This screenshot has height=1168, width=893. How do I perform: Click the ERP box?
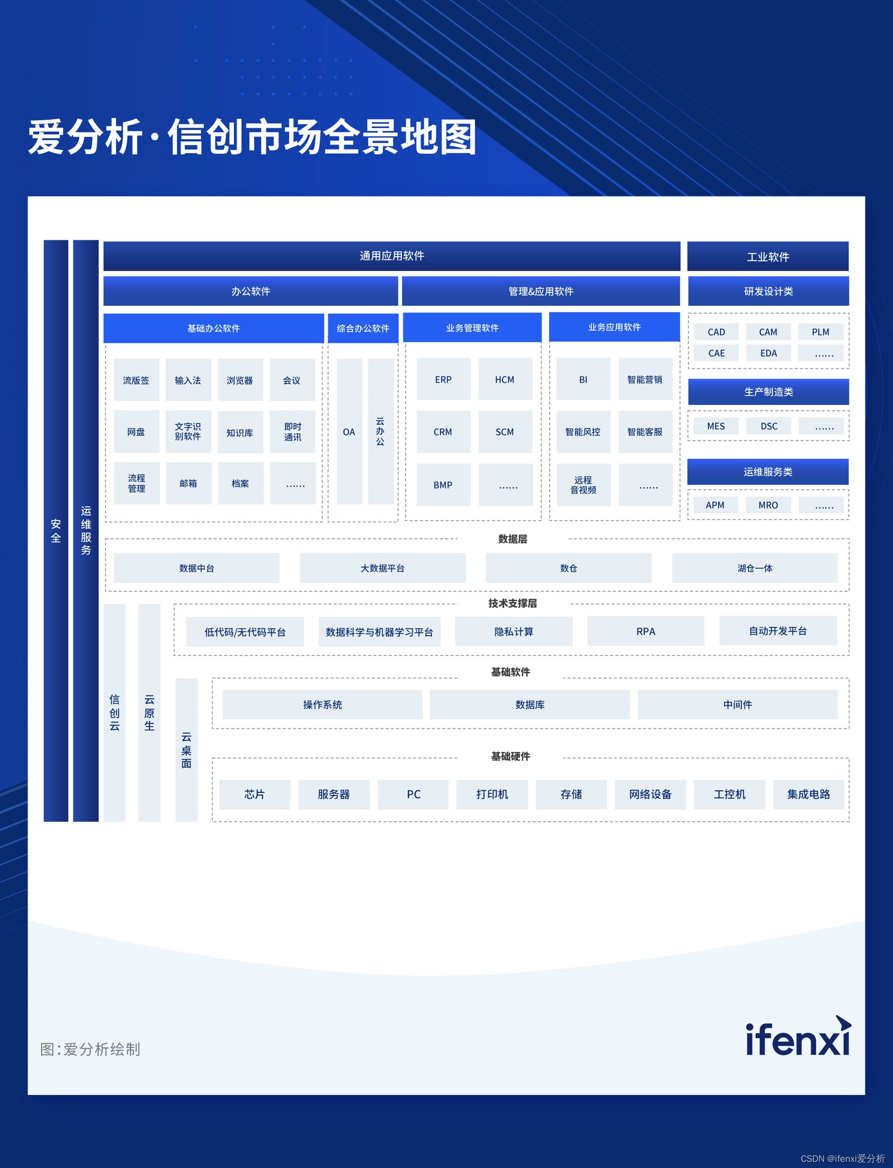(x=443, y=379)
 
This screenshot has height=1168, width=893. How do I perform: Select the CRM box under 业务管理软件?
(x=443, y=432)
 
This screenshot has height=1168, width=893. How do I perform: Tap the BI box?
(x=583, y=379)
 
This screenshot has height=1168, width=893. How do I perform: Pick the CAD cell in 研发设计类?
(x=716, y=332)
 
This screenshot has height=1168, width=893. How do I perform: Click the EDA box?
(x=768, y=353)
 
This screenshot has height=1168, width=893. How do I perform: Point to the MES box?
(x=715, y=426)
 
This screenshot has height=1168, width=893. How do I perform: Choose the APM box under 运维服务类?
(x=715, y=505)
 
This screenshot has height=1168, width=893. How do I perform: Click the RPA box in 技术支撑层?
(x=645, y=631)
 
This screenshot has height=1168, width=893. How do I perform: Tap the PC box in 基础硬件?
(x=413, y=794)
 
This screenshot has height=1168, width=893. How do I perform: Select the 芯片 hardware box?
(x=255, y=794)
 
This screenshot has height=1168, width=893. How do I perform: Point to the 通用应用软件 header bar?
(x=392, y=256)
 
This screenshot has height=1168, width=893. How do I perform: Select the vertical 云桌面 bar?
(x=187, y=750)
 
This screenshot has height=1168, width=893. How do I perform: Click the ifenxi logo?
(x=798, y=1039)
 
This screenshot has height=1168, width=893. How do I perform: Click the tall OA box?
(x=349, y=431)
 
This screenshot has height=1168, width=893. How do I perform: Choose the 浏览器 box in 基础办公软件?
(x=240, y=380)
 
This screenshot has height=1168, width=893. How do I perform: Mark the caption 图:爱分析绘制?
(x=90, y=1049)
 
